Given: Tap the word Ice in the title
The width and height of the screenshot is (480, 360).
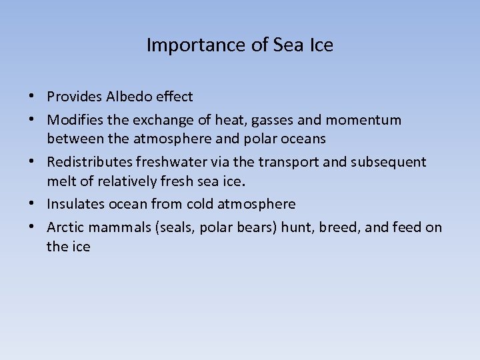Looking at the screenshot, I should [x=321, y=45].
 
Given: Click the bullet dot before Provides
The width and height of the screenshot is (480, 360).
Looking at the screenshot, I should [x=33, y=97].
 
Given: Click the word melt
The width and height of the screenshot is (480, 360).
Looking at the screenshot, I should [x=60, y=181].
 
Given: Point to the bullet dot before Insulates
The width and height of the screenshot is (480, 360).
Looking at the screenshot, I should [x=33, y=204].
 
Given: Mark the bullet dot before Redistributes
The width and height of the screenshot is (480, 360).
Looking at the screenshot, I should [x=33, y=162].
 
